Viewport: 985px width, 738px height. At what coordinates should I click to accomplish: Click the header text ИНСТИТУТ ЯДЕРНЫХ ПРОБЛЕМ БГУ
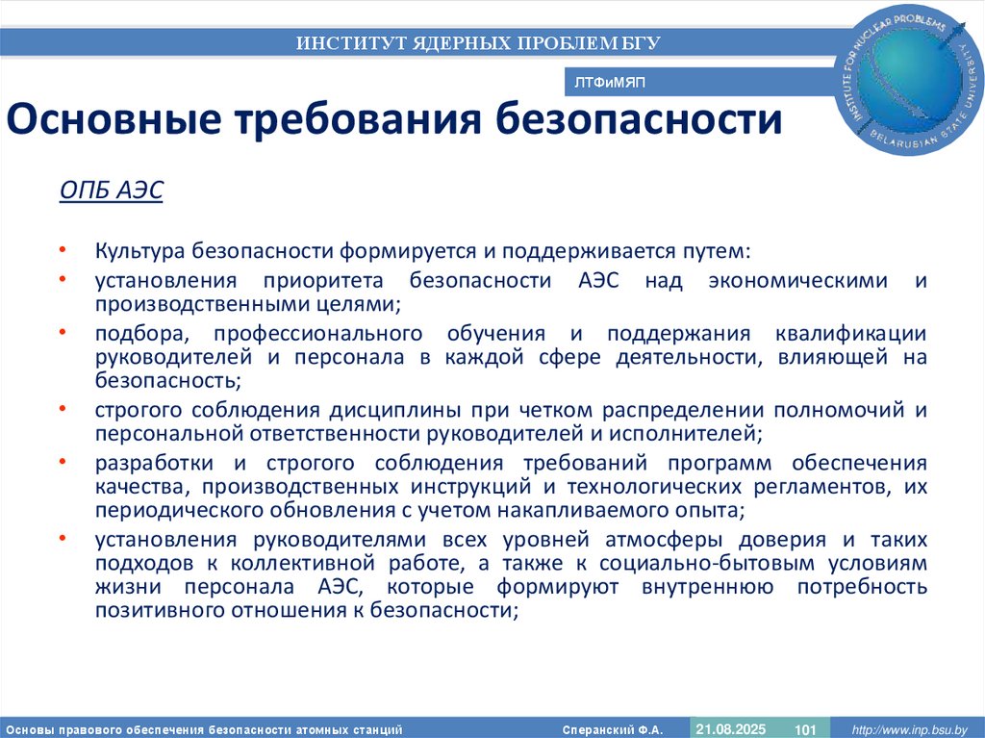coord(478,42)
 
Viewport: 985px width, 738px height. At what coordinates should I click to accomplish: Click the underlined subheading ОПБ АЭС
coord(112,191)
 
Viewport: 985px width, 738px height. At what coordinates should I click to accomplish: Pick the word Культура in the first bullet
coord(139,251)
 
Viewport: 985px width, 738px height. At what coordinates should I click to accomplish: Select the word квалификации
coord(850,334)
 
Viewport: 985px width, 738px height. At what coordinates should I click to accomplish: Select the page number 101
coord(805,729)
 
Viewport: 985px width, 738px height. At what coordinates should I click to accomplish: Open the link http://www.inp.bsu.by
coord(909,729)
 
